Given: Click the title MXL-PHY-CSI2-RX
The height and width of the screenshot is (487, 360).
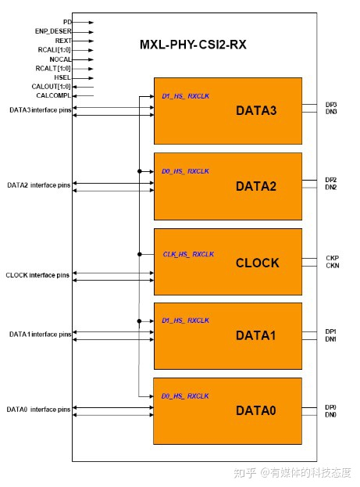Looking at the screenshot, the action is [193, 45].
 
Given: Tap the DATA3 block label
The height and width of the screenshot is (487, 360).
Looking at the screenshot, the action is [256, 110].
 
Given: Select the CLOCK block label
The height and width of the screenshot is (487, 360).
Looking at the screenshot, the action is [257, 263].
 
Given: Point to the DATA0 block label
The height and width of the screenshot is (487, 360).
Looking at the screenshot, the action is [255, 410].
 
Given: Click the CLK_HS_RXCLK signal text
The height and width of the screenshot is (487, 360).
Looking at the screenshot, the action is [188, 254].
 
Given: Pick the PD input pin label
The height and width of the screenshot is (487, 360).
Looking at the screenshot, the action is [67, 22].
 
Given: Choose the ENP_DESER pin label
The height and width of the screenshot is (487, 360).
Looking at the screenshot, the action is [53, 31].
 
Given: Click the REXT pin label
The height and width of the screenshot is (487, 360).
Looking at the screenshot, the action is [63, 41].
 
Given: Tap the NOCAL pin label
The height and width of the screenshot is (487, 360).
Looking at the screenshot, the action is [60, 59].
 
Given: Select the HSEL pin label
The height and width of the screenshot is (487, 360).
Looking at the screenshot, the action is [62, 77].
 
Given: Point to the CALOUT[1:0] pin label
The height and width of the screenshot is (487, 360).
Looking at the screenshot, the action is [52, 87].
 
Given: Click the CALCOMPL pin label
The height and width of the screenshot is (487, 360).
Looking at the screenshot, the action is [54, 95].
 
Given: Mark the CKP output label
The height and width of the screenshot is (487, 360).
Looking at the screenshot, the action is [333, 258].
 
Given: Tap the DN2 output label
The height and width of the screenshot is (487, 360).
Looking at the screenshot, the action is [331, 188].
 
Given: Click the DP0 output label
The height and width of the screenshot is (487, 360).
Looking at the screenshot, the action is [330, 407].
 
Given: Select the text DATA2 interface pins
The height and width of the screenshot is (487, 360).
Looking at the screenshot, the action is [39, 185].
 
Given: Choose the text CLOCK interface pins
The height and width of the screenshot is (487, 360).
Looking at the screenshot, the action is [37, 275].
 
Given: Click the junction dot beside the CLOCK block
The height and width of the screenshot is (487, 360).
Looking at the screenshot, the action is [140, 254].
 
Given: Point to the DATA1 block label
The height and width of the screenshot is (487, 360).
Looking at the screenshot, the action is [255, 335].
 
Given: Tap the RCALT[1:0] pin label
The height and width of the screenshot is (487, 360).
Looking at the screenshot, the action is [53, 68].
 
